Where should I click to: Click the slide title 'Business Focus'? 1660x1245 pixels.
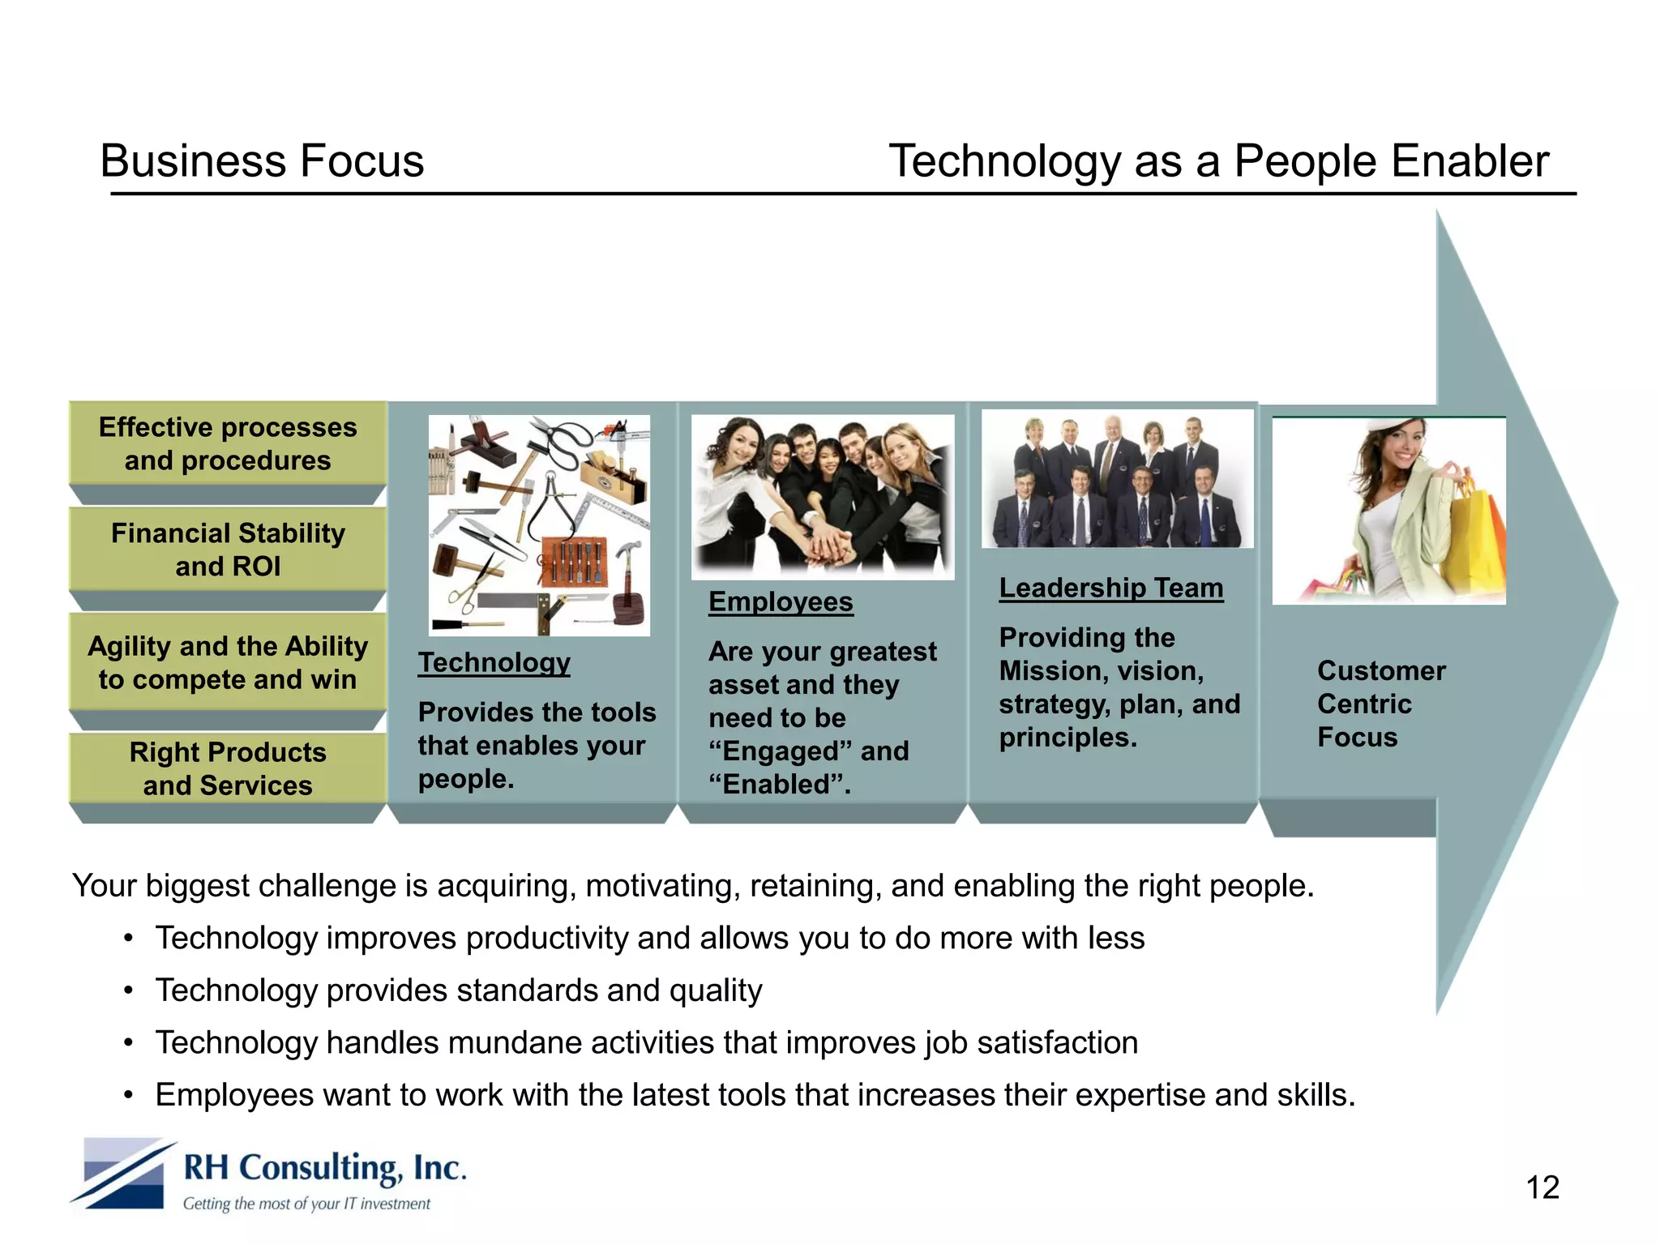[262, 160]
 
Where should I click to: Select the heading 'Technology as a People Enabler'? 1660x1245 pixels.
[1218, 160]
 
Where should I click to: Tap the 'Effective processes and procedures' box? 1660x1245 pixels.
[228, 443]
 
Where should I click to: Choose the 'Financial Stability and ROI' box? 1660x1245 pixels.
[228, 549]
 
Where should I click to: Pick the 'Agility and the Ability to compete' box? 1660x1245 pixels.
[228, 661]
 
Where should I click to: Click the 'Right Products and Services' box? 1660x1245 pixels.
[228, 768]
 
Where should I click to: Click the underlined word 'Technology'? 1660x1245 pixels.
[494, 662]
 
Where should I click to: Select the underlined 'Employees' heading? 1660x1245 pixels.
[781, 601]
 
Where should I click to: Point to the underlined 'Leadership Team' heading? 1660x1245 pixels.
[1110, 588]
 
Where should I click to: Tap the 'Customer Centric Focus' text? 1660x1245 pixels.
[1380, 704]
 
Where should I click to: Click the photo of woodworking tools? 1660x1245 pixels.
[539, 525]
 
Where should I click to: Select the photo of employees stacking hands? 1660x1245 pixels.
[823, 497]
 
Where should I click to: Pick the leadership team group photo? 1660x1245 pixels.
[1117, 479]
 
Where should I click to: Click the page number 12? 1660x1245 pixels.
[1542, 1187]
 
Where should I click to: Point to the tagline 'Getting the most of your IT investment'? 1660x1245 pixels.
[306, 1204]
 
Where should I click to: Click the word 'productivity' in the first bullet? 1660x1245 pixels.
[547, 938]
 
